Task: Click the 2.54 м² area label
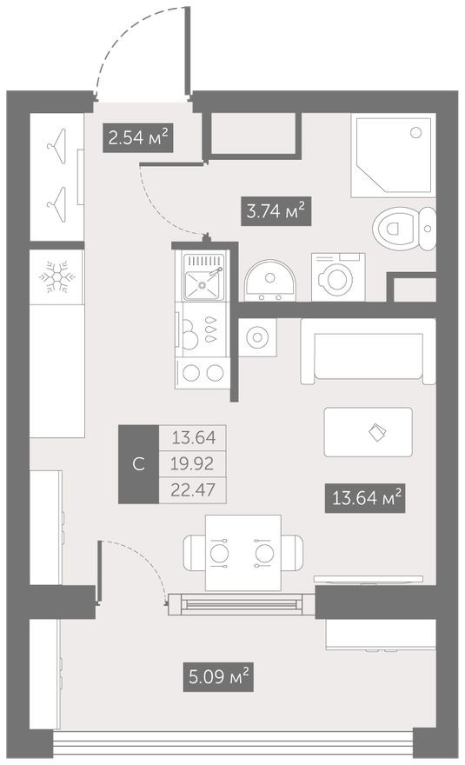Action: coord(137,137)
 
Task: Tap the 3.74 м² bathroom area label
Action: coord(274,210)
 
